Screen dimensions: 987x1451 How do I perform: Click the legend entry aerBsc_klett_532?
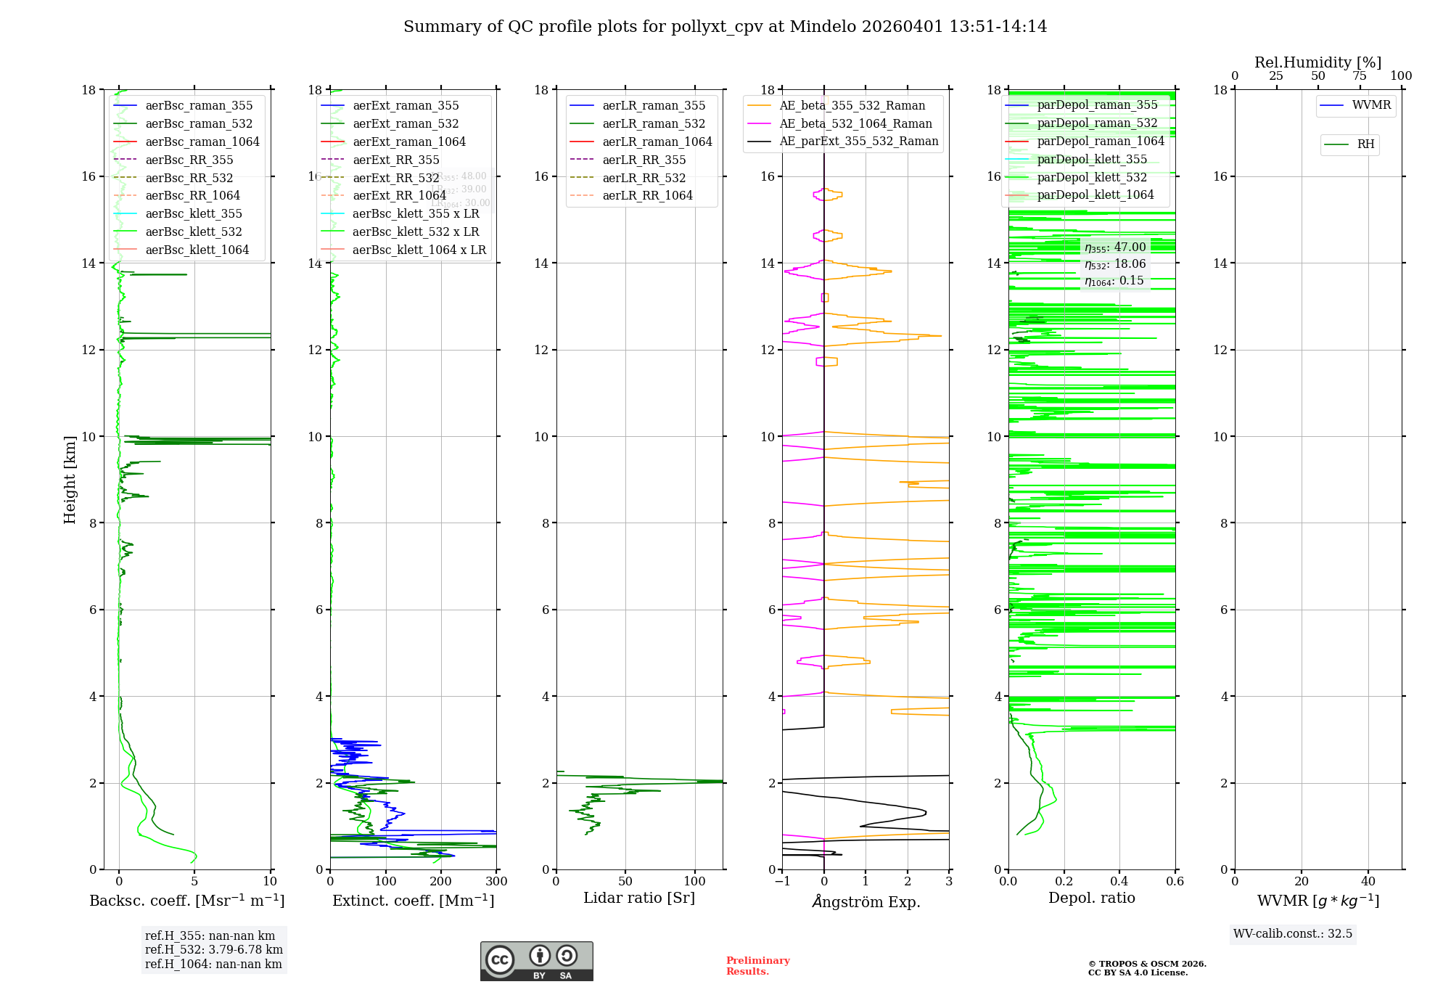click(x=193, y=232)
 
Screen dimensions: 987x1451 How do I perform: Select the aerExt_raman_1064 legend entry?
click(x=409, y=142)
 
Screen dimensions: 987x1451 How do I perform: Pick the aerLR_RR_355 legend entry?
click(x=644, y=160)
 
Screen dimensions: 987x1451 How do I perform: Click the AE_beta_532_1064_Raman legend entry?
click(x=855, y=124)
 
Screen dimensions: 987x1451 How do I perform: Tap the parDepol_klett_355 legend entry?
click(x=1092, y=160)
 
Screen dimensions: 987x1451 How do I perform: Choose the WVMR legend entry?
click(x=1371, y=106)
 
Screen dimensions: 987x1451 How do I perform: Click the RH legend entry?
click(x=1365, y=144)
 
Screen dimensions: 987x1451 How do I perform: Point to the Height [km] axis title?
click(x=70, y=480)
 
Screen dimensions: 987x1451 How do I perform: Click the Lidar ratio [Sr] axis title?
click(x=639, y=898)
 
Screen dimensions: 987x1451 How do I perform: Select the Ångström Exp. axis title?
click(x=866, y=902)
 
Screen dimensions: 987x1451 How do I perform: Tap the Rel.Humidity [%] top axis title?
click(x=1318, y=62)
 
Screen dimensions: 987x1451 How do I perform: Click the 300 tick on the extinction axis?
click(x=497, y=882)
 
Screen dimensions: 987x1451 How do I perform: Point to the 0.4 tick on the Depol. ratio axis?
click(x=1119, y=882)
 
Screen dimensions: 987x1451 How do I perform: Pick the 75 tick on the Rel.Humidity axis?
click(x=1360, y=76)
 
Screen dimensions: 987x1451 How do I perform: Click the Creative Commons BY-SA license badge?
click(x=536, y=961)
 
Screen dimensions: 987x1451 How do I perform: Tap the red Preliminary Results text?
click(x=757, y=966)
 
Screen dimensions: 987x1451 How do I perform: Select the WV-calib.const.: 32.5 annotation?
click(x=1292, y=934)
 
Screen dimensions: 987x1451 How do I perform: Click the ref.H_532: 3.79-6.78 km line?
click(x=213, y=950)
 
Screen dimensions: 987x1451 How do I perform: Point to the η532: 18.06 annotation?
click(x=1115, y=264)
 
